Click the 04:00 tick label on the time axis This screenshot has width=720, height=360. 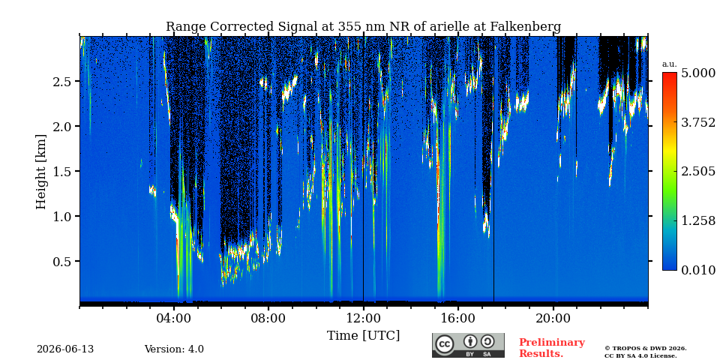(174, 318)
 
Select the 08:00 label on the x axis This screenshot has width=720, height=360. (268, 318)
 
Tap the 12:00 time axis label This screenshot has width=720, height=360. (364, 318)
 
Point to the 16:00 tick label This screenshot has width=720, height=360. (458, 318)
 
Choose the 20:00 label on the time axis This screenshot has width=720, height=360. (553, 318)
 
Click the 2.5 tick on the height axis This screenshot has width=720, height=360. (63, 81)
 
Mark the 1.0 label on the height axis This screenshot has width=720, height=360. (63, 216)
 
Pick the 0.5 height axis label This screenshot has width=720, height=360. (63, 261)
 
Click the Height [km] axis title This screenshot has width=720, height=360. (41, 172)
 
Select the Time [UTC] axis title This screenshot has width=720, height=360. (363, 336)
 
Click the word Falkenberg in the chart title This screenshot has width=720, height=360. (526, 27)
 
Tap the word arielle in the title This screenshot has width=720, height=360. (446, 27)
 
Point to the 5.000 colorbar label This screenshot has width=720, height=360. (698, 73)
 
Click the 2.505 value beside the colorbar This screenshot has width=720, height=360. (698, 172)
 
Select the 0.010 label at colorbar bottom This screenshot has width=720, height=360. (698, 271)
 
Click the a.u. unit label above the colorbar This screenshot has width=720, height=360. (670, 64)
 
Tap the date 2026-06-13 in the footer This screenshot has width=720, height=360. (65, 349)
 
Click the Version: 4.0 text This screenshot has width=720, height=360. (174, 349)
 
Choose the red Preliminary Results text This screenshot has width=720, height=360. (552, 347)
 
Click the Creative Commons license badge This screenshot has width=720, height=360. (468, 345)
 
